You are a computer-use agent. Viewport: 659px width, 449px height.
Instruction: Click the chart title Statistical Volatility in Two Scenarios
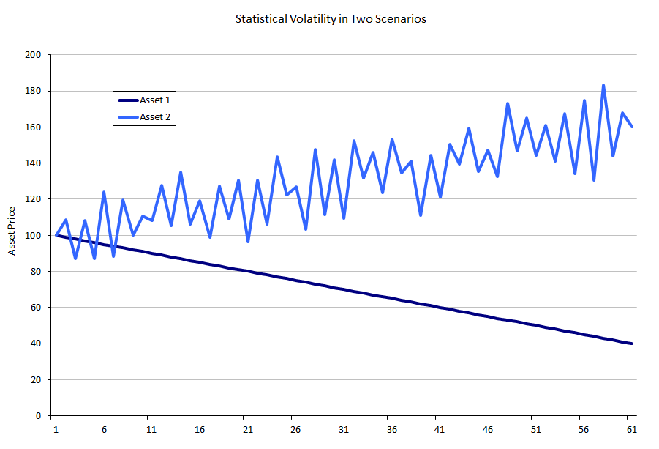(x=330, y=19)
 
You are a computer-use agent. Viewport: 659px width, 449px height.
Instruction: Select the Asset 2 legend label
(x=155, y=116)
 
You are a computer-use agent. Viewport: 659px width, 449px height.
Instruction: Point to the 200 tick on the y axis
(x=34, y=55)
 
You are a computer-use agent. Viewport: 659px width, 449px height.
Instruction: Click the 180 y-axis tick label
(x=34, y=91)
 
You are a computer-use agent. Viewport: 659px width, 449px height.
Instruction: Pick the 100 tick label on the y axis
(x=34, y=235)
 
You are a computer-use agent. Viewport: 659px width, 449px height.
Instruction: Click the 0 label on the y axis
(x=38, y=416)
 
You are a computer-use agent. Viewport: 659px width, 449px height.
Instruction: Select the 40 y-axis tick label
(x=36, y=344)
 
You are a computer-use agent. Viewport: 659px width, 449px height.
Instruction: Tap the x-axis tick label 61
(x=631, y=428)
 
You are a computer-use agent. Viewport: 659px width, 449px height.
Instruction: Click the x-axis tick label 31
(x=344, y=428)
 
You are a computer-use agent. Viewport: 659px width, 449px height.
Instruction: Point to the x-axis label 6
(x=104, y=428)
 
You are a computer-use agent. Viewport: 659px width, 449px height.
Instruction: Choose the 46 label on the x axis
(x=488, y=428)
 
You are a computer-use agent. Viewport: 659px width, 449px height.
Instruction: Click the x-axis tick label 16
(x=200, y=428)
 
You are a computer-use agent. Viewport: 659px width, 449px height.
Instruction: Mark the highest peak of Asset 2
(x=603, y=85)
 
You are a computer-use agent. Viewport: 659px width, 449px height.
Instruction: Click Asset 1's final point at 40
(x=632, y=344)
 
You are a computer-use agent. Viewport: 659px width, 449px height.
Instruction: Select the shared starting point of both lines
(x=56, y=235)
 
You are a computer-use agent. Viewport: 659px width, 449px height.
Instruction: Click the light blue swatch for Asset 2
(x=127, y=116)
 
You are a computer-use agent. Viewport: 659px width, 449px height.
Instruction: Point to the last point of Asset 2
(x=632, y=127)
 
